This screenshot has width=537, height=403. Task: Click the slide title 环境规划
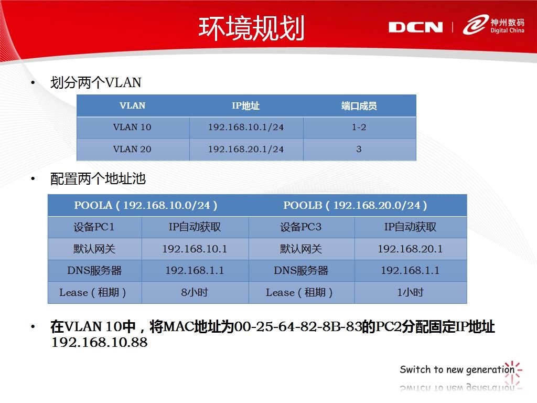coord(251,28)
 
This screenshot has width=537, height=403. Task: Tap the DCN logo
coord(415,27)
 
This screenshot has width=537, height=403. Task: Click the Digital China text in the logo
coord(507,30)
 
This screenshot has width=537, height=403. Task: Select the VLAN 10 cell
coord(132,127)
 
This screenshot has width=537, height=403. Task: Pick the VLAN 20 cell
coord(132,149)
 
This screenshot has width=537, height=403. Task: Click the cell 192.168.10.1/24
coord(246,127)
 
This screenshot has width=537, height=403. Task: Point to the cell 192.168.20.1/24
coord(246,149)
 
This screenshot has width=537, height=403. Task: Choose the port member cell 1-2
coord(359,127)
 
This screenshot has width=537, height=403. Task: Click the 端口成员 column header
coord(359,105)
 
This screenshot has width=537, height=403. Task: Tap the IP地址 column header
coord(245,105)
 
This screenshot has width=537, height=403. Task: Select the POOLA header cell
coord(146,205)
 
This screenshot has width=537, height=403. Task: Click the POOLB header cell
coord(355,205)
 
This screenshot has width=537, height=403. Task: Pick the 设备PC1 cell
coord(94,227)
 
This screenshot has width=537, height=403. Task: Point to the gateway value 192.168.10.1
coord(195,249)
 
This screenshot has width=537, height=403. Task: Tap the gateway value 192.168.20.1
coord(410,249)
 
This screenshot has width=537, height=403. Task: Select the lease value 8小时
coord(195,292)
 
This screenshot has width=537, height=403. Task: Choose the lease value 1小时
coord(410,292)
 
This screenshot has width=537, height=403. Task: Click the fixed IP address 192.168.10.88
coord(99,342)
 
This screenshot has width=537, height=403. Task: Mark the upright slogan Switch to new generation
coord(457,369)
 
